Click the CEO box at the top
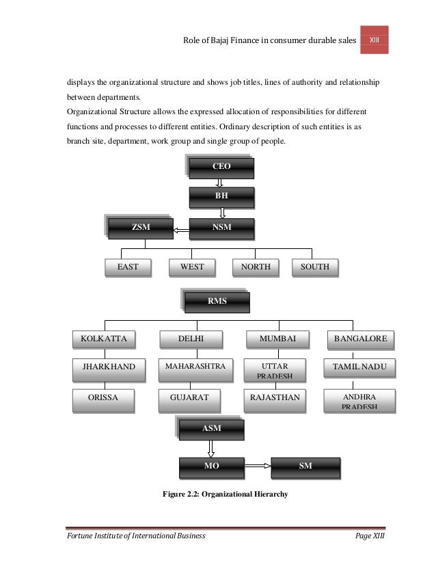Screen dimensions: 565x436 (221, 167)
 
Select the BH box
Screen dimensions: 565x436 (221, 196)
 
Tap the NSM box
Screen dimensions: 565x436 (221, 227)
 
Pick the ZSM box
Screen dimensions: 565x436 (141, 227)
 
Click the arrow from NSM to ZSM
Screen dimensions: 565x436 (181, 230)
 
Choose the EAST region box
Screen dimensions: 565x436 (128, 267)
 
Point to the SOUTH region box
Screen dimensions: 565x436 (315, 267)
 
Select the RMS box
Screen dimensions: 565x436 (217, 301)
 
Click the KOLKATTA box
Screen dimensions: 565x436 (104, 339)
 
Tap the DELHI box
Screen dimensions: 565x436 (191, 339)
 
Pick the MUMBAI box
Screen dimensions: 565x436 (277, 339)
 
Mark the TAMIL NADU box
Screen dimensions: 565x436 (359, 368)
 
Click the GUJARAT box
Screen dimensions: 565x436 (191, 397)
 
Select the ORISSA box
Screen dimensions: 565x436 (104, 397)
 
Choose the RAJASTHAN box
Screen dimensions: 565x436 (275, 397)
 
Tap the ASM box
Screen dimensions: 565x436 (211, 428)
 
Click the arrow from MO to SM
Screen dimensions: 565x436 (258, 466)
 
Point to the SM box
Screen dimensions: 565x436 (305, 466)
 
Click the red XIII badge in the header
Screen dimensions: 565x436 (374, 40)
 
